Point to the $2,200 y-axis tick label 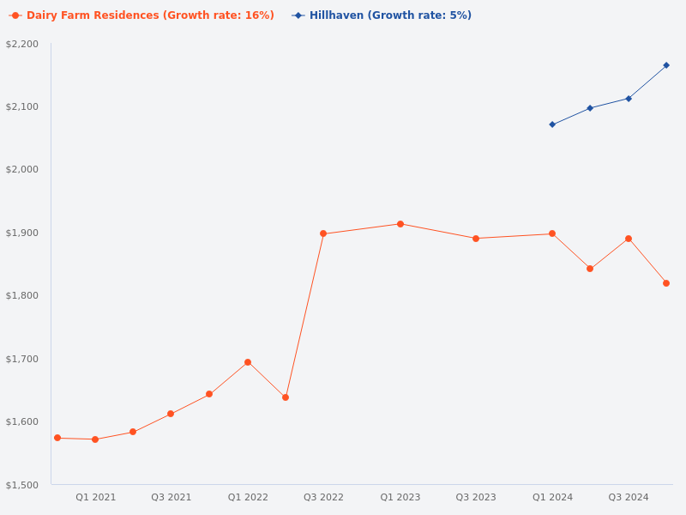[x=22, y=44]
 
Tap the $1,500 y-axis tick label [x=22, y=485]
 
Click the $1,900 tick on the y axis [x=22, y=233]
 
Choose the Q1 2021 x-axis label [x=95, y=497]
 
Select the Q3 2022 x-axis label [x=323, y=497]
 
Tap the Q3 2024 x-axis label [x=629, y=497]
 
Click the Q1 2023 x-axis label [x=400, y=497]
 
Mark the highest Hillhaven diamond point [x=666, y=65]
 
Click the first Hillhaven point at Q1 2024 [x=552, y=124]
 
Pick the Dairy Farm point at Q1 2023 [x=400, y=224]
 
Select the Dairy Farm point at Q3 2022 [x=323, y=233]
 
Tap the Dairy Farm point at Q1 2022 [x=248, y=362]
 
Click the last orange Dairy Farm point [x=666, y=283]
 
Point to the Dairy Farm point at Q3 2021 [x=171, y=414]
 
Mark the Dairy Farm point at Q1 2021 [x=95, y=439]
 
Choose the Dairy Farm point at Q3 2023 [x=476, y=239]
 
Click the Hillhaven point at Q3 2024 [x=629, y=99]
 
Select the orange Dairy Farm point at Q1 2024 [x=552, y=233]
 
